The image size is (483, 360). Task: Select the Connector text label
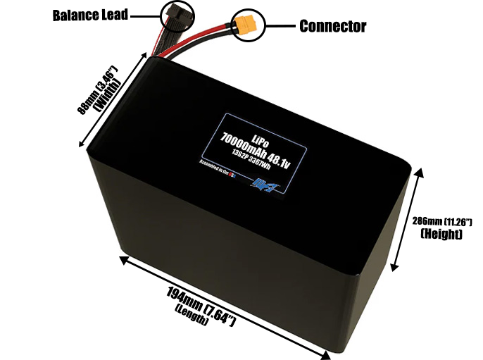(332, 27)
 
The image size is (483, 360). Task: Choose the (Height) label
(441, 234)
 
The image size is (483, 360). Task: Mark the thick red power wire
(211, 44)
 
